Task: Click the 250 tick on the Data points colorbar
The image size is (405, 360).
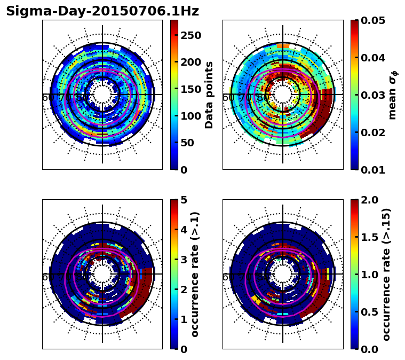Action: [189, 35]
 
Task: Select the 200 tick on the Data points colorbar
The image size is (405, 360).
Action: [189, 62]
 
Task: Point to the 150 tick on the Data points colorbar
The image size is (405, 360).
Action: [189, 89]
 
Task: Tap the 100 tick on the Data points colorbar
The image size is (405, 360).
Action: [189, 116]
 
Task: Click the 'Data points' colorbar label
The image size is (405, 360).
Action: [209, 95]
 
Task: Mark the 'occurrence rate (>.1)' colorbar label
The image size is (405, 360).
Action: [195, 274]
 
